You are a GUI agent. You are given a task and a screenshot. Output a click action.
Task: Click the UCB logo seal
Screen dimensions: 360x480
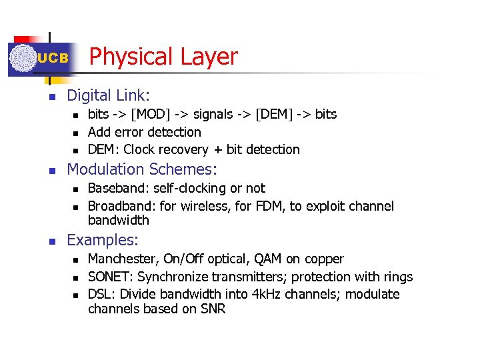tap(23, 58)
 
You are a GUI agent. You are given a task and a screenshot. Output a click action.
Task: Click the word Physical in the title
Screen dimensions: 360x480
tap(127, 57)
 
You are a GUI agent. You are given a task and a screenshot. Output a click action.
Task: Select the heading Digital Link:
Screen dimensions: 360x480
tap(109, 96)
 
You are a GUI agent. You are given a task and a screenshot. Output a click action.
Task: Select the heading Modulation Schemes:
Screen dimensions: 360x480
tap(142, 169)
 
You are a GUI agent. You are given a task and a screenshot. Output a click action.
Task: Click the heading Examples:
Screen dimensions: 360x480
tap(103, 240)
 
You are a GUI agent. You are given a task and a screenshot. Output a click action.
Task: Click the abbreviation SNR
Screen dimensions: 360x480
tap(211, 309)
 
